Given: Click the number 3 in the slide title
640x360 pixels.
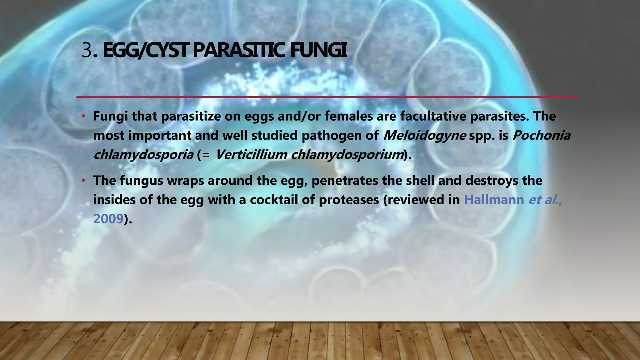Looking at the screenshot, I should click(87, 51).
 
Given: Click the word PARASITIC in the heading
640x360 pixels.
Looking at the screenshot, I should click(238, 51).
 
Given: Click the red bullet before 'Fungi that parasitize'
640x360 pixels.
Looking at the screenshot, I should click(83, 117).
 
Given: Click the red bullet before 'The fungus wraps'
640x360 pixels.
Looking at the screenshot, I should click(83, 181).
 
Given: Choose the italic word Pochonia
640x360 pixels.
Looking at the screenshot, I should click(541, 136).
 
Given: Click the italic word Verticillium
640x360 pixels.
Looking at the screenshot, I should click(251, 155).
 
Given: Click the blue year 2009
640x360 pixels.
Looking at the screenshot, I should click(108, 219).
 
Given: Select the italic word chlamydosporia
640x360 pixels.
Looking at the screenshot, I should click(143, 155).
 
